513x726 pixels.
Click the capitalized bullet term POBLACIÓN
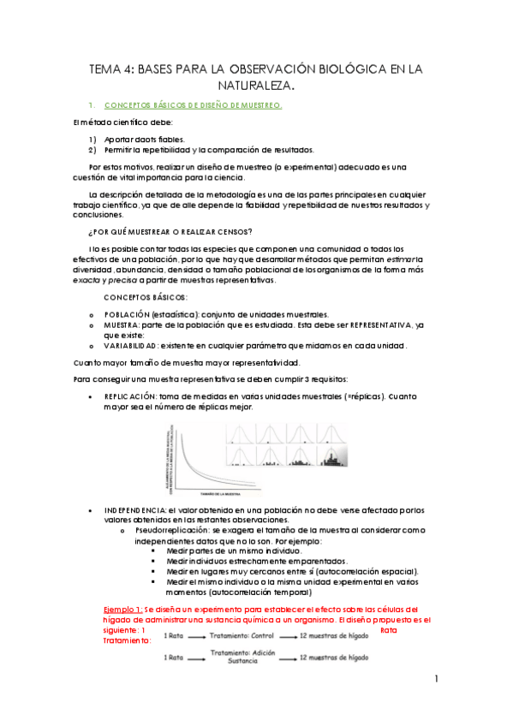134,314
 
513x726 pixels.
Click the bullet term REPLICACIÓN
131,397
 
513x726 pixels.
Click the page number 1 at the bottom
436,680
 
